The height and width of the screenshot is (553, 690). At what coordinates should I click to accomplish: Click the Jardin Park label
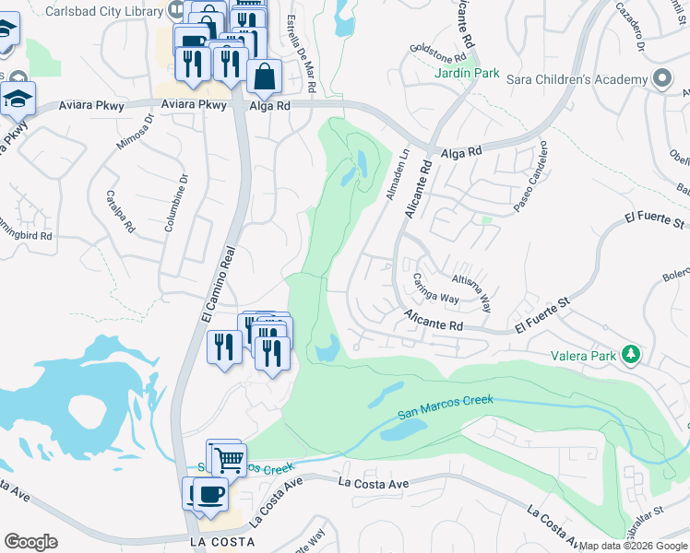[469, 72]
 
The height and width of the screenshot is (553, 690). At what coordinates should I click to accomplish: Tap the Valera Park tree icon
[631, 353]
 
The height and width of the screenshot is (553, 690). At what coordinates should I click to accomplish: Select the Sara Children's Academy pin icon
[661, 79]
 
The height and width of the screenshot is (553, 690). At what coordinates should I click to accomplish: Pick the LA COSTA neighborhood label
[220, 542]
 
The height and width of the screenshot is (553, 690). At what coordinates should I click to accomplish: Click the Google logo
[30, 542]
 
